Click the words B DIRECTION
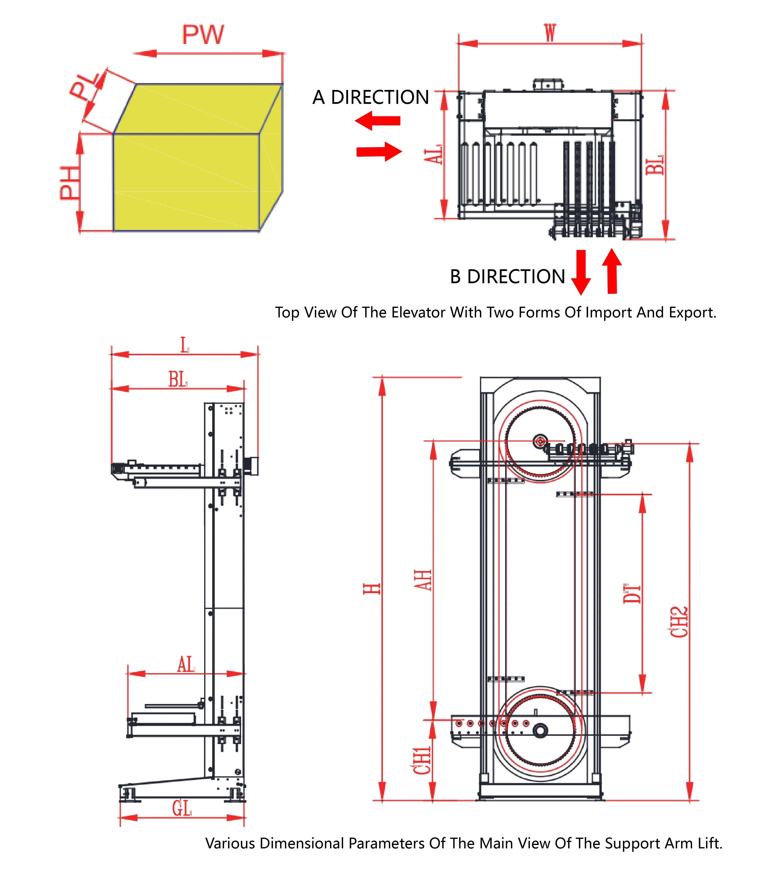click(x=508, y=277)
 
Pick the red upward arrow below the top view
click(x=612, y=271)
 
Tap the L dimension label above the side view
click(x=185, y=345)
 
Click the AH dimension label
click(x=423, y=580)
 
